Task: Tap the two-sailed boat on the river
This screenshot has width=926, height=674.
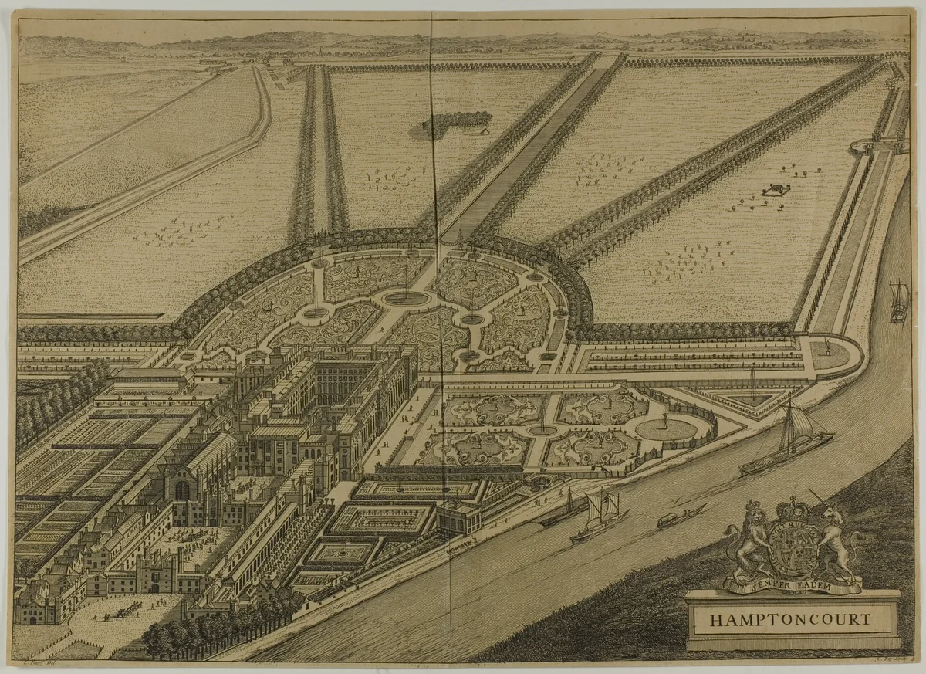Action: coord(598,517)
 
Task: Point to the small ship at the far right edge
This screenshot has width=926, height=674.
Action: coord(899,301)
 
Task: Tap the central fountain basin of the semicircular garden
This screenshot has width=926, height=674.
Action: coord(407,298)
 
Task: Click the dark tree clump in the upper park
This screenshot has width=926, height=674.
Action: coord(455,120)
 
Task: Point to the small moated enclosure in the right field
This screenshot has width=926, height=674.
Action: coord(776,188)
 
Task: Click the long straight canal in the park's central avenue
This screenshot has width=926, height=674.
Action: coord(532,147)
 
